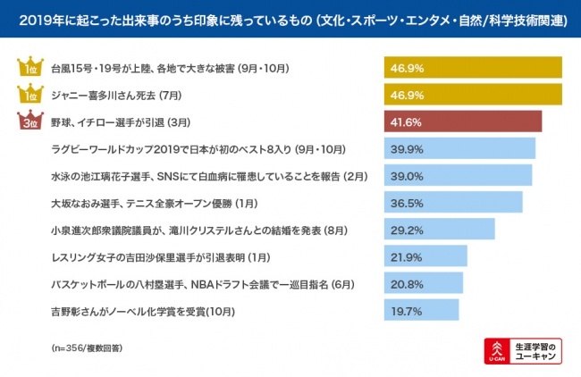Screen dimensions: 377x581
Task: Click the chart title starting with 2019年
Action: [x=290, y=19]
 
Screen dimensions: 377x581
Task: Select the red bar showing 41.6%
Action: [x=463, y=121]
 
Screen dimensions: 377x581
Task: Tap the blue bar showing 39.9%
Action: [x=459, y=148]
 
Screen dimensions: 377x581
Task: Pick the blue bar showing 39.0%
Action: [x=458, y=175]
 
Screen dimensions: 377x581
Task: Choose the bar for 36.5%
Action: [x=453, y=203]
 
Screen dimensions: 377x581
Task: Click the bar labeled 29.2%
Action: [x=439, y=230]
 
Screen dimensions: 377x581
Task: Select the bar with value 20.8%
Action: [x=423, y=284]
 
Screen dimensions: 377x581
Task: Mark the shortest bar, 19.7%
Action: [x=421, y=311]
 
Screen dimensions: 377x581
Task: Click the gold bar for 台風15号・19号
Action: [x=473, y=67]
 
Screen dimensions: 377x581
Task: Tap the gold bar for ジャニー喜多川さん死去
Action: [x=473, y=94]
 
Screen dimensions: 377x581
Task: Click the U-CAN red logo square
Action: [x=495, y=350]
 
